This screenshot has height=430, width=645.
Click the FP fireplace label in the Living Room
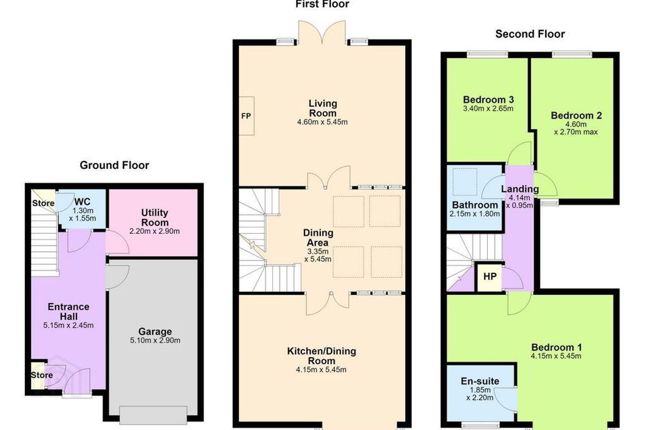(x=246, y=116)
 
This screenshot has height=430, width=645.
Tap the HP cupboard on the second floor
(x=490, y=277)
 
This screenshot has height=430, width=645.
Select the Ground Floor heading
(x=114, y=165)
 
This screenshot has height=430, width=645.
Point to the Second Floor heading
(x=530, y=34)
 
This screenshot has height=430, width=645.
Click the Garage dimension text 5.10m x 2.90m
(x=155, y=340)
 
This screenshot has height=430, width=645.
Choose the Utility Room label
(x=155, y=217)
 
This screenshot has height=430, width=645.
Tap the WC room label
(x=82, y=201)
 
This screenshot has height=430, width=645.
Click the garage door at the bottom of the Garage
(x=153, y=415)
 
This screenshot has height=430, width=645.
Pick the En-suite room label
(x=480, y=381)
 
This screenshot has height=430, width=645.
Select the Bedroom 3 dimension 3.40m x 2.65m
(x=488, y=108)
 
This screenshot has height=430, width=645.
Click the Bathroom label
(x=475, y=205)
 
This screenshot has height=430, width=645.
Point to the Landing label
(x=520, y=189)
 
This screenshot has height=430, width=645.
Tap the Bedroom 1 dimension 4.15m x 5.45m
(x=556, y=356)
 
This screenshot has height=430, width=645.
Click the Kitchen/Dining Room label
(x=322, y=356)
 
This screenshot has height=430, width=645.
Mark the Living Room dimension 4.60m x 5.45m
(x=322, y=122)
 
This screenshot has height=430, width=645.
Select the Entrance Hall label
(x=69, y=311)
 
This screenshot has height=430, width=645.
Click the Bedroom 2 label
(x=576, y=116)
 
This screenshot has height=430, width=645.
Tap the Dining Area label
(x=318, y=237)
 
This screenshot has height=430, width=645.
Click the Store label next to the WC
(x=43, y=203)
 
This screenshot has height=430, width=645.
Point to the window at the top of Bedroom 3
(x=487, y=54)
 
